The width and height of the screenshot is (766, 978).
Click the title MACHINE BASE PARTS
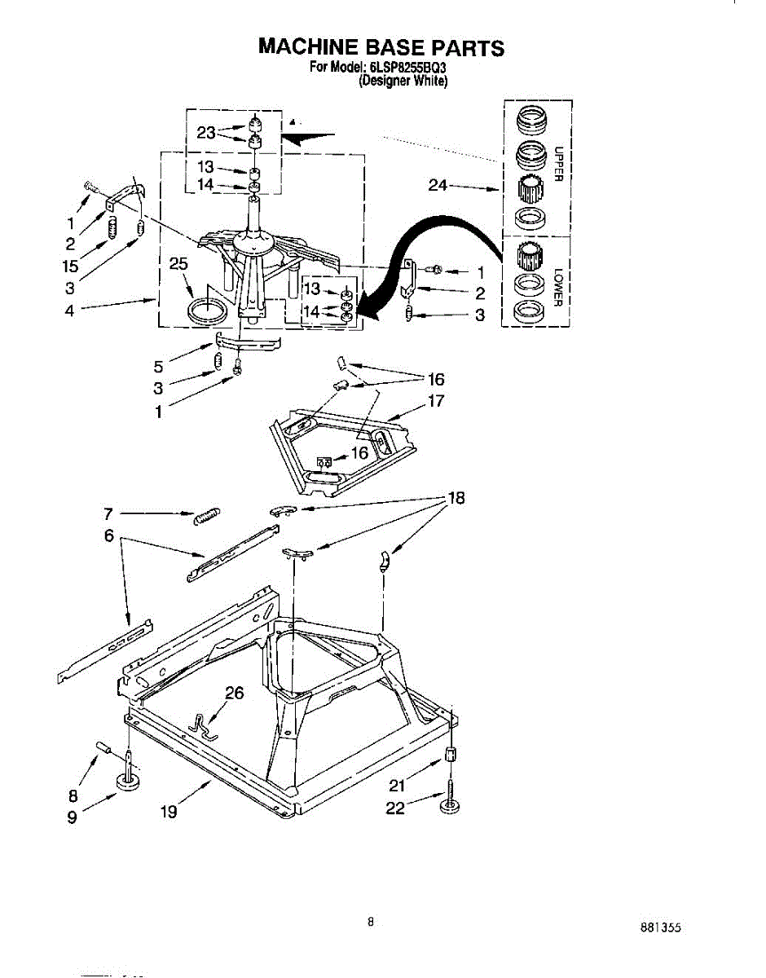[x=381, y=47]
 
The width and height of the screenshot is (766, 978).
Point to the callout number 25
[x=178, y=264]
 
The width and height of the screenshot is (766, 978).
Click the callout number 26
[x=235, y=694]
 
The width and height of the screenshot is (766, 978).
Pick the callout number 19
[x=169, y=811]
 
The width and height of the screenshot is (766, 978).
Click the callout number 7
[x=108, y=513]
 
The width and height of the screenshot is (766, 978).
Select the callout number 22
[x=395, y=809]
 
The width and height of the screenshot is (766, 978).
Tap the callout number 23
[x=206, y=133]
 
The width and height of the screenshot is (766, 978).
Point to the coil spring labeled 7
[x=207, y=516]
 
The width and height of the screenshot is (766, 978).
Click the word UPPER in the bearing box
[x=559, y=164]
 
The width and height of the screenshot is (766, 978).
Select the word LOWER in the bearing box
[x=559, y=288]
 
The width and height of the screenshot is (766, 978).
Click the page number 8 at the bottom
[x=371, y=922]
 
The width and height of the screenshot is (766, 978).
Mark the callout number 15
[x=70, y=265]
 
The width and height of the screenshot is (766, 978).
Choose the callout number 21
[x=397, y=786]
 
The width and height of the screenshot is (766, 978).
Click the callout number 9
[x=73, y=817]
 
